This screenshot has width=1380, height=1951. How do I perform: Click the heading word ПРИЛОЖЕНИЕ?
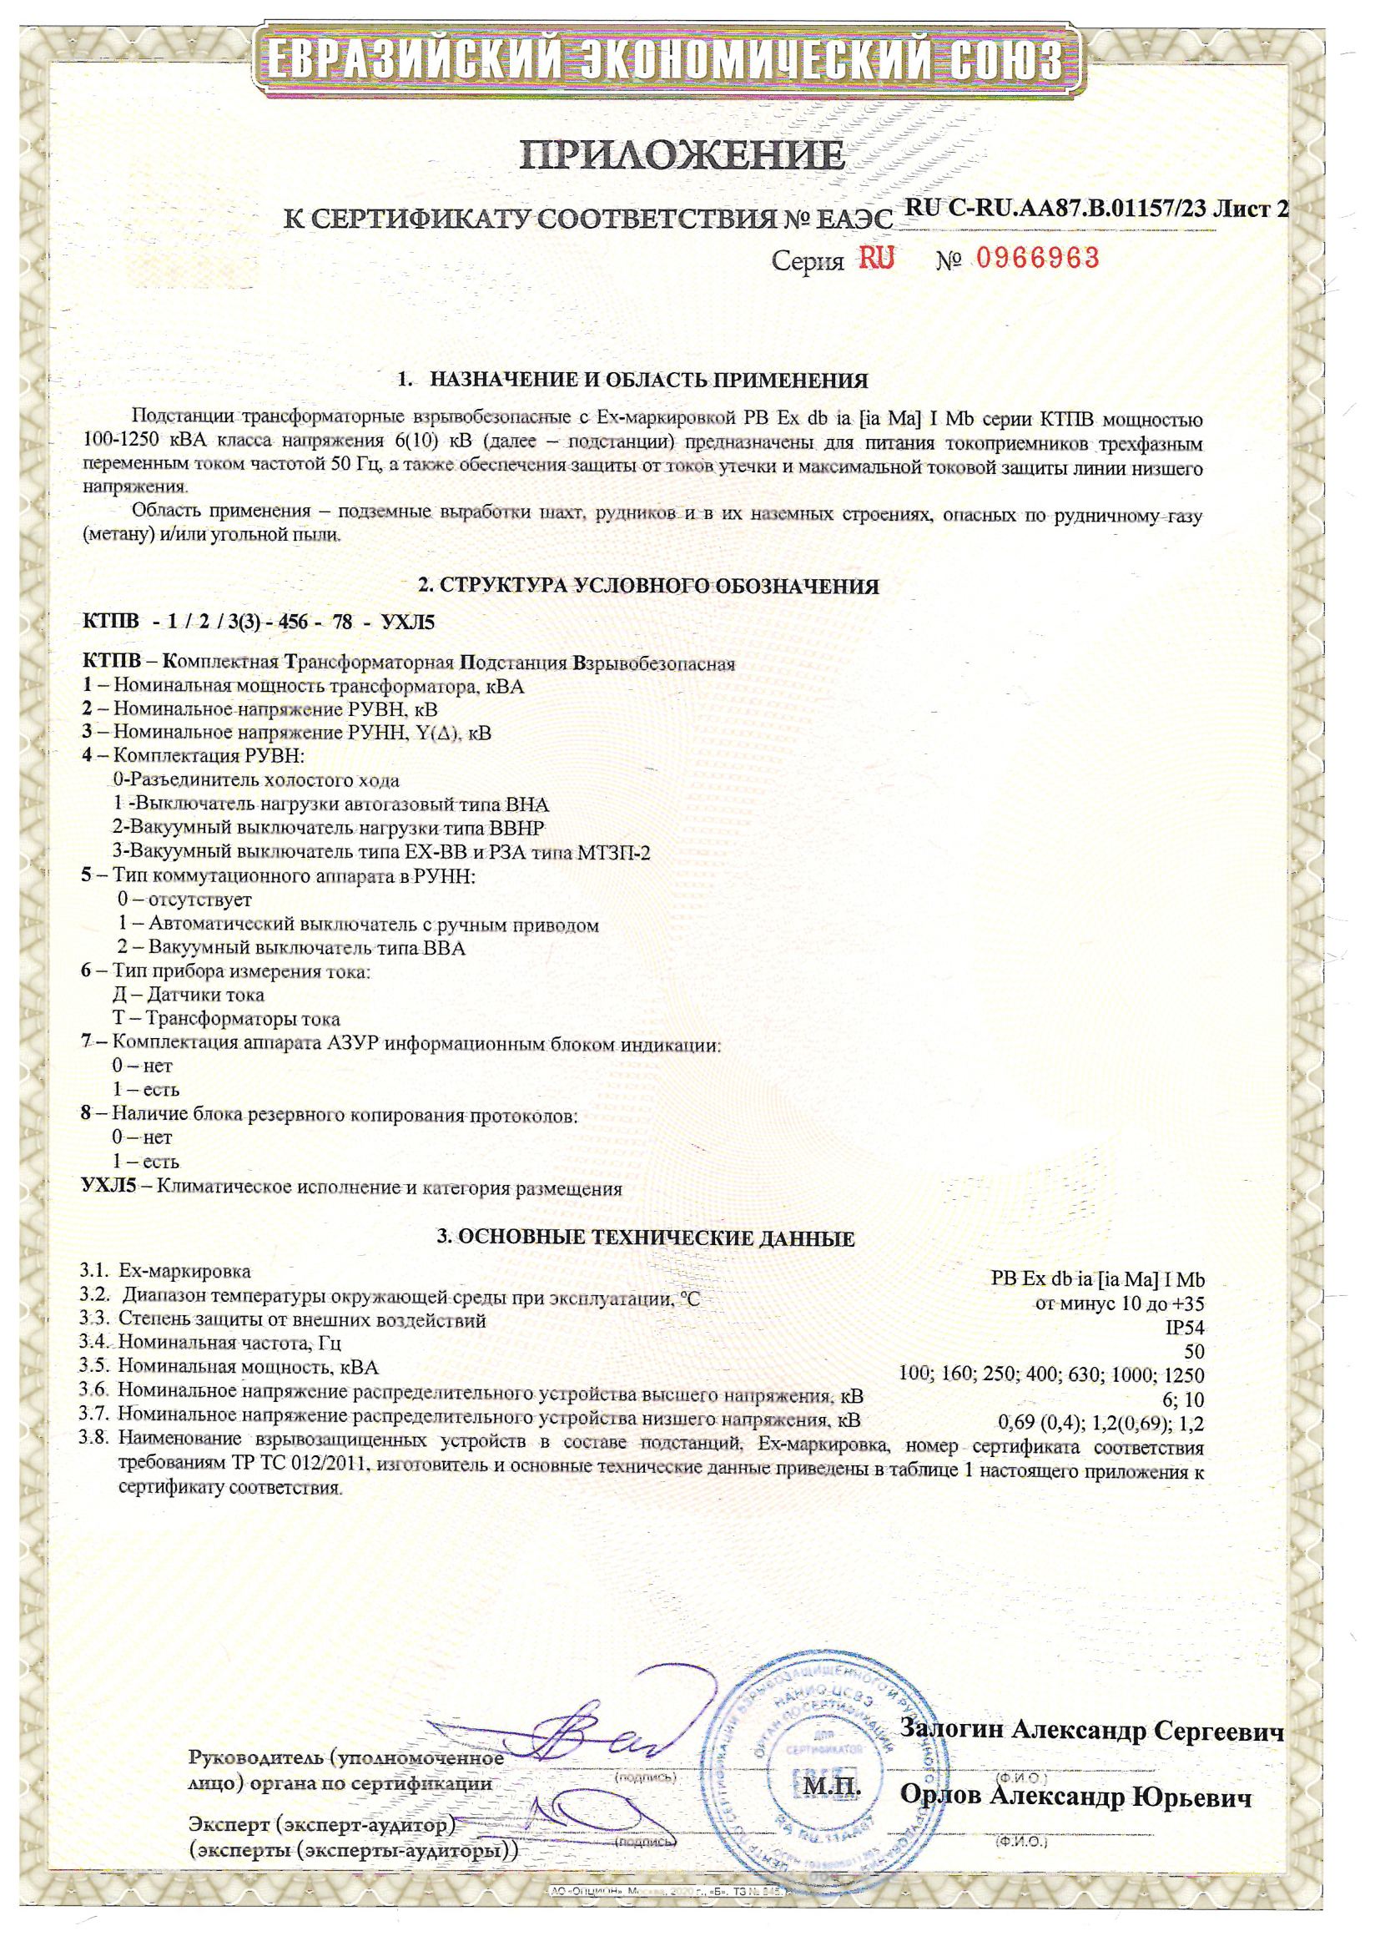[x=682, y=155]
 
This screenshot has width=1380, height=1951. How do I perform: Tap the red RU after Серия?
[x=876, y=258]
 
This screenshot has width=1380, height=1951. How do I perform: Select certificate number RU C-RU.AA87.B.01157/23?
[x=1055, y=208]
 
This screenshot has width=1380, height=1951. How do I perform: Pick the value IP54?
[x=1185, y=1328]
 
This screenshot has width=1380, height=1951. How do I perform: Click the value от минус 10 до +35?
[x=1119, y=1303]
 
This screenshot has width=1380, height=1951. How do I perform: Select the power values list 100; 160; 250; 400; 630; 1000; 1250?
[x=1051, y=1374]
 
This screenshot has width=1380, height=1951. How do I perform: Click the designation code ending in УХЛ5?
[x=259, y=622]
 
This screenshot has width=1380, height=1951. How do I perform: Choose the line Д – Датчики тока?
[x=188, y=994]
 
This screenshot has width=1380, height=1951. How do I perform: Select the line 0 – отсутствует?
[x=184, y=899]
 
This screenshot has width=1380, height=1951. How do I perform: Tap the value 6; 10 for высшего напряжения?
[x=1183, y=1399]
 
